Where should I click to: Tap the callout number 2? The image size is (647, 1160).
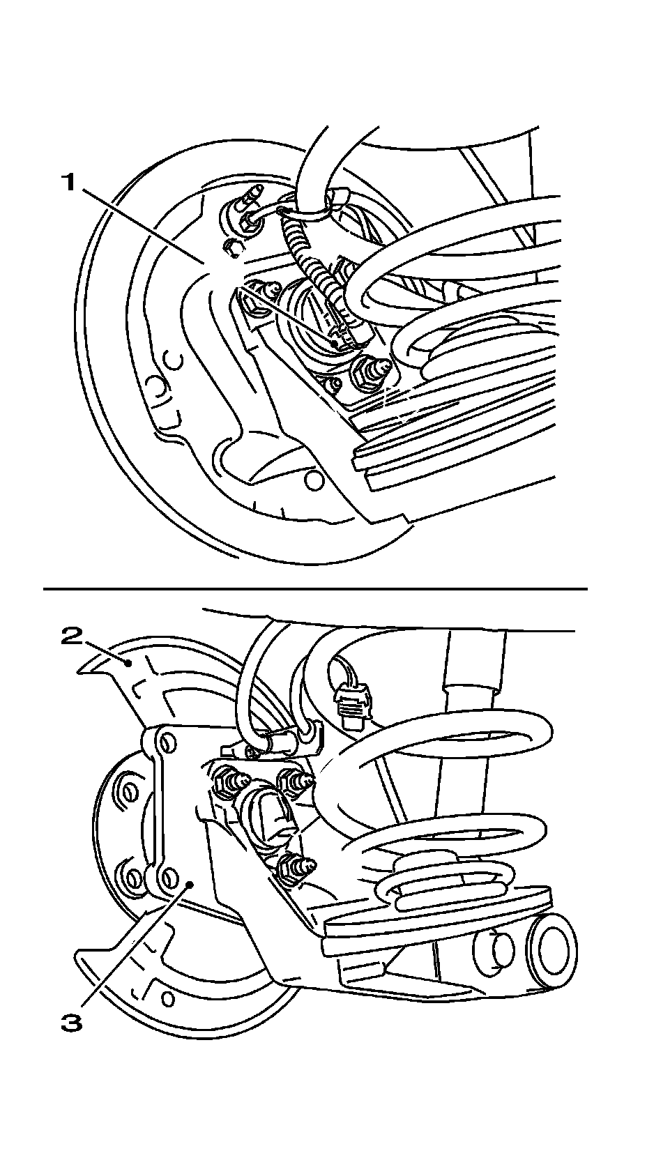coord(73,636)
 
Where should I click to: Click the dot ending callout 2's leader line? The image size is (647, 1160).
coord(128,662)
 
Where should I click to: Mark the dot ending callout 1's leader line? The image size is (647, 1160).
coord(335,342)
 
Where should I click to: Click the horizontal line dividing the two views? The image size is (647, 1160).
coord(315,589)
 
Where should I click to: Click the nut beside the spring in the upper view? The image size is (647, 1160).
coord(369,371)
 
